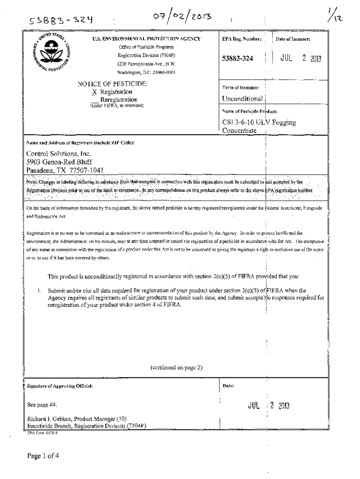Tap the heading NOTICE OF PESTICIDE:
coord(112,84)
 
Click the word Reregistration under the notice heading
coord(119,100)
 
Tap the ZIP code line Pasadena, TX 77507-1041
coord(65,170)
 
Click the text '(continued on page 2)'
coord(176,368)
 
